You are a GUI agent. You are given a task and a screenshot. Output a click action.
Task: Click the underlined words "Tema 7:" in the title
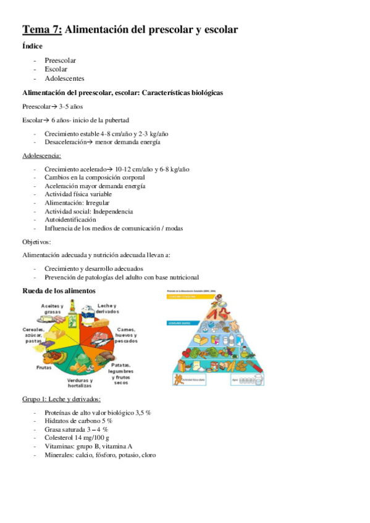pos(41,29)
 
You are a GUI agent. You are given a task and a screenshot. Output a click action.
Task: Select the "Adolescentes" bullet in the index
pos(64,78)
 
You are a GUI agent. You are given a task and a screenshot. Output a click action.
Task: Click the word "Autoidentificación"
pos(70,219)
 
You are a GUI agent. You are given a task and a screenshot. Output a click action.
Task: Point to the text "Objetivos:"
pos(37,242)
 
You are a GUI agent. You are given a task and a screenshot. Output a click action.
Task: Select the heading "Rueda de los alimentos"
pos(59,290)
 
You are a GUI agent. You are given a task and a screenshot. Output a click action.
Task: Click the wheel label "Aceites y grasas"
pos(54,308)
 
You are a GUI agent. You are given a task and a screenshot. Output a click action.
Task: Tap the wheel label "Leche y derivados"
pos(108,309)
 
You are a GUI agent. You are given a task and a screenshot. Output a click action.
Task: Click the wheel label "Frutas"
pos(43,368)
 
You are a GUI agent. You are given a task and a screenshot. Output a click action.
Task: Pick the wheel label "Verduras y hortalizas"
pos(80,383)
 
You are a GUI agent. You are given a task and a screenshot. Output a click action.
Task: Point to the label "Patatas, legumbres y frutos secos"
pos(120,373)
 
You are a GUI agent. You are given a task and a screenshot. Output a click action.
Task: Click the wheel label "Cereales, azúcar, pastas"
pos(33,335)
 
